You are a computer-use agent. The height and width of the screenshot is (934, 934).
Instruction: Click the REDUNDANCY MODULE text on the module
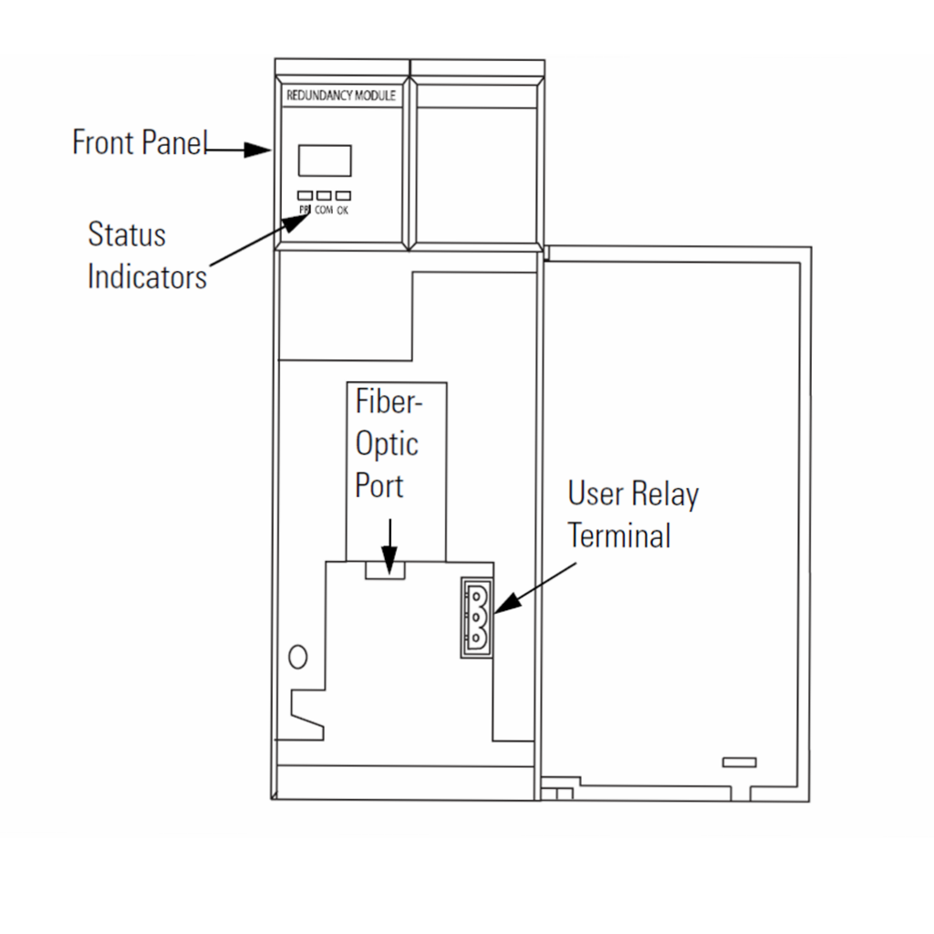point(342,95)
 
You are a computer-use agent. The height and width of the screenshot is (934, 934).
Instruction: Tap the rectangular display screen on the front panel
point(324,161)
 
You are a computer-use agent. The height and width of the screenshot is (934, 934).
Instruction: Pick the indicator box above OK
point(343,195)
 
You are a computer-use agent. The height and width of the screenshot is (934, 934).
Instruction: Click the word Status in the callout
point(127,234)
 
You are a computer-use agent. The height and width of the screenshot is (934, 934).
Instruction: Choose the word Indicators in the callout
point(147,276)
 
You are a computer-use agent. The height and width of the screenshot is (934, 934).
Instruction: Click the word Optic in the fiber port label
point(387,444)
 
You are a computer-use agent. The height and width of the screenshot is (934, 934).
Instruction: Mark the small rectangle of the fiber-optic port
point(384,569)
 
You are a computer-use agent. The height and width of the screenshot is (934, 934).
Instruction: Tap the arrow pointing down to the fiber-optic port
point(389,546)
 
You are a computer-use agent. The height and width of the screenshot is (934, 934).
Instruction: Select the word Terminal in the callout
point(619,535)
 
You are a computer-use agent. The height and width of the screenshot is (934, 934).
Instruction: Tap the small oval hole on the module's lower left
point(297,656)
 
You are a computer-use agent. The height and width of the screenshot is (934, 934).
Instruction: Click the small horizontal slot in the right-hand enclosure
point(739,762)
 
